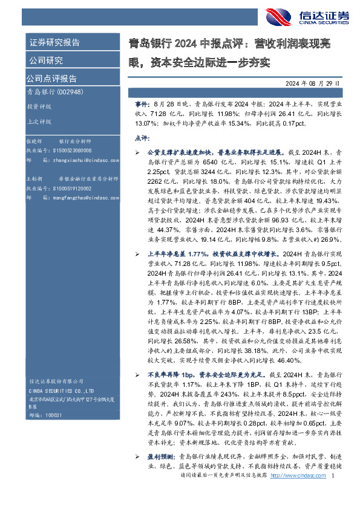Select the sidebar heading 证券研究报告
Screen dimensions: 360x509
(54, 42)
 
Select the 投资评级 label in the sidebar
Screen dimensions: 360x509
(40, 106)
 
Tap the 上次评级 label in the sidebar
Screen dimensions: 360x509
(40, 120)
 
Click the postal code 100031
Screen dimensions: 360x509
(55, 415)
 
